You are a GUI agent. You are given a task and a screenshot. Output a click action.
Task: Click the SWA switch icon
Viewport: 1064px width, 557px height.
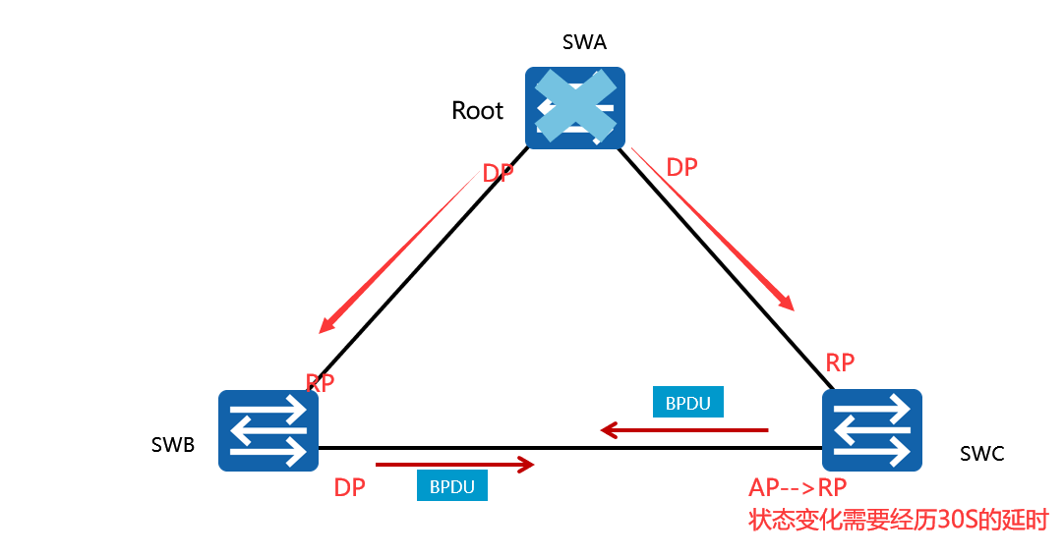point(574,107)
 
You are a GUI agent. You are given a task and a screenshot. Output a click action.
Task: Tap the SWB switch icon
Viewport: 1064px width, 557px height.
point(268,430)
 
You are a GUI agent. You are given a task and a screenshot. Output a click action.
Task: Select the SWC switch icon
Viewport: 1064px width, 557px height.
point(872,430)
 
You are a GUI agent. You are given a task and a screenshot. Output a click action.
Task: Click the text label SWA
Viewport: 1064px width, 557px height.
point(584,42)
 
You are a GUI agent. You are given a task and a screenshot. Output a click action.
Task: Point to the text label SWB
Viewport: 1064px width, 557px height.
point(173,444)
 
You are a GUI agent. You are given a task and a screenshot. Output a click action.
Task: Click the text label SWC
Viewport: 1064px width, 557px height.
point(981,454)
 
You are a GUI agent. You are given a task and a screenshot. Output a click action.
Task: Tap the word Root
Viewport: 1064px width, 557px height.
point(477,111)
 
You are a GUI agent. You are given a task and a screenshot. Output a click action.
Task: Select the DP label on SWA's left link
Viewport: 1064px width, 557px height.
point(498,174)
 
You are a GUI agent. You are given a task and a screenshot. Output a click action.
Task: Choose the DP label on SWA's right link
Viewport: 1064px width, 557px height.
point(681,168)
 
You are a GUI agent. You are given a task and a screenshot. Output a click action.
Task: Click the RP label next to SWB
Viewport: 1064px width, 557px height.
point(321,382)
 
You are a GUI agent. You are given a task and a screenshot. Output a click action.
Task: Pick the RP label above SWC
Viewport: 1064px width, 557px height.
point(840,362)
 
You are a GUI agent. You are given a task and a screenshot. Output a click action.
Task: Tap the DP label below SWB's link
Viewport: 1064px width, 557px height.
point(350,487)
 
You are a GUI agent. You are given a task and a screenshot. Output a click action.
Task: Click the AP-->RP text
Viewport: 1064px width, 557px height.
point(798,488)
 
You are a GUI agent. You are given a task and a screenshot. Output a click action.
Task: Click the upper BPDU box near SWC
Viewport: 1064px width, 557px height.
point(687,402)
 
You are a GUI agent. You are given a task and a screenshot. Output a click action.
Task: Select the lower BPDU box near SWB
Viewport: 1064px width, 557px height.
point(452,485)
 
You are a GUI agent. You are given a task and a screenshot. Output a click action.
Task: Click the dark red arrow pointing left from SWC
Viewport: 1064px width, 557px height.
point(684,429)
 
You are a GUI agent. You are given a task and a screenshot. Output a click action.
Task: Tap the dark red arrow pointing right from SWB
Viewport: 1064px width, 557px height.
point(454,463)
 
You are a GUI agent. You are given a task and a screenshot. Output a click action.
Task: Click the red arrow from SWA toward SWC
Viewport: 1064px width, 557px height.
point(713,230)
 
